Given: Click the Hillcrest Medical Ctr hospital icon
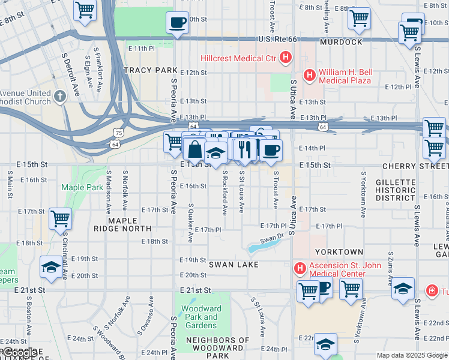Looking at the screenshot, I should point(286,59).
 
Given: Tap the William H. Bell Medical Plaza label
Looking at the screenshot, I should point(345,76).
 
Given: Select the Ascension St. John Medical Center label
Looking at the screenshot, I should point(337,269).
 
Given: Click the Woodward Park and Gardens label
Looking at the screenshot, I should point(201,317).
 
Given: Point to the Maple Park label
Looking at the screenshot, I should point(82,187).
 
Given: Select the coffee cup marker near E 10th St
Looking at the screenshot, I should point(177,23).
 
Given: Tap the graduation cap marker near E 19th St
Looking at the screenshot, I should point(51,267).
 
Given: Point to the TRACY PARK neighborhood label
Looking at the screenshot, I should point(151,70).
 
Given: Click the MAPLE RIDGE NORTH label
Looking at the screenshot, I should point(122,224).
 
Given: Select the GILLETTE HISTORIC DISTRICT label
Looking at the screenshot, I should point(395,190).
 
